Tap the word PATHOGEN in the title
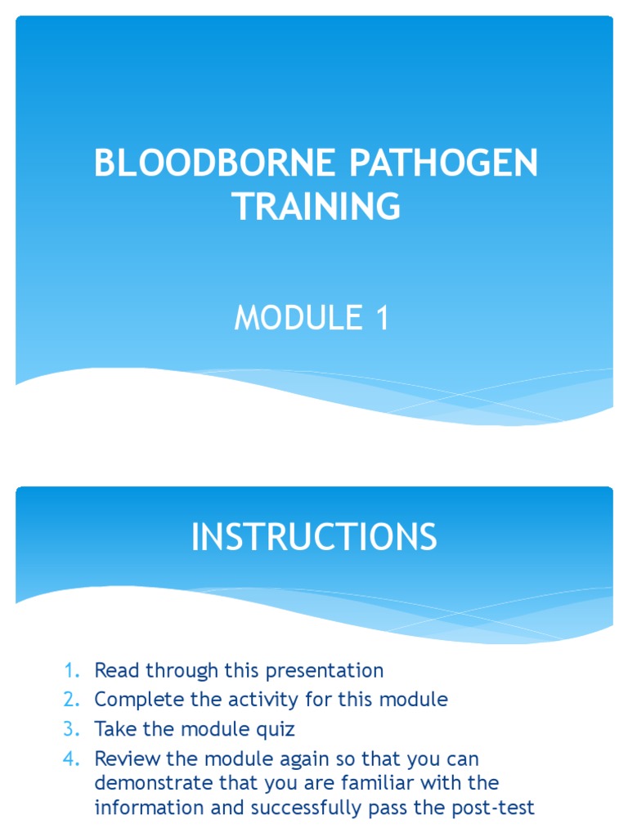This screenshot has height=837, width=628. [x=445, y=164]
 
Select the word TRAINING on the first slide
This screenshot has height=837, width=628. [x=316, y=206]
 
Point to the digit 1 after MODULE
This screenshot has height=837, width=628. [x=382, y=318]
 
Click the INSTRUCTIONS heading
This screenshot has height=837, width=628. [x=314, y=538]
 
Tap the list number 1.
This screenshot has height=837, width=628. [x=71, y=671]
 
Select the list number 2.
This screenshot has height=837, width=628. [x=71, y=700]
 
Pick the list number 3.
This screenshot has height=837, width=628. [x=71, y=729]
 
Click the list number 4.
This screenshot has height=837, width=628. [x=71, y=758]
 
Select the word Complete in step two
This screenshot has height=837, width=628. [x=134, y=700]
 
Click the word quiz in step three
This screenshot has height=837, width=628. [x=276, y=729]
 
